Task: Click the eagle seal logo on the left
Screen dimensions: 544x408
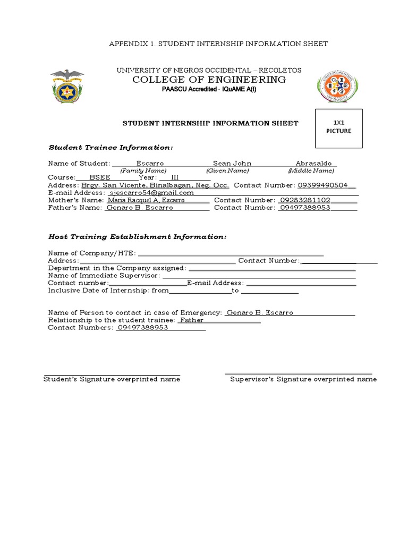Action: pyautogui.click(x=67, y=86)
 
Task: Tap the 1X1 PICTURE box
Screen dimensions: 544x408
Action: pyautogui.click(x=339, y=128)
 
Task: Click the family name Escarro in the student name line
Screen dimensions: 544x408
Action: pyautogui.click(x=150, y=164)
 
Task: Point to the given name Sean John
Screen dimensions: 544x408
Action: pyautogui.click(x=232, y=164)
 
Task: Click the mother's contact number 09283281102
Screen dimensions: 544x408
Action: pyautogui.click(x=305, y=200)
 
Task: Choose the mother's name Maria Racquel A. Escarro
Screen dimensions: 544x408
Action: pyautogui.click(x=146, y=200)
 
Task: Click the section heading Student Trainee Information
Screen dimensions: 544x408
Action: pyautogui.click(x=110, y=147)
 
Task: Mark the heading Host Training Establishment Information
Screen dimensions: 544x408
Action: pyautogui.click(x=137, y=236)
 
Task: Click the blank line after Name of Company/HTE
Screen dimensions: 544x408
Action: pyautogui.click(x=231, y=253)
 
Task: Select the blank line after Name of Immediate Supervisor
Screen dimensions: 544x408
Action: pyautogui.click(x=259, y=276)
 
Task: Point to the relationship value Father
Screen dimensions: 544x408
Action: pyautogui.click(x=192, y=320)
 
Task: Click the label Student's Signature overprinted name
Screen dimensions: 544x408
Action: pyautogui.click(x=112, y=379)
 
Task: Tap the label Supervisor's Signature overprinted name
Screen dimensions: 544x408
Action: pyautogui.click(x=303, y=379)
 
